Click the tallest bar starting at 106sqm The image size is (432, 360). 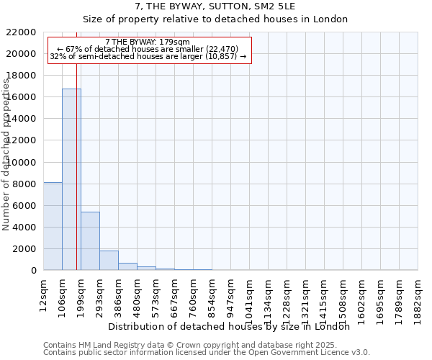pyautogui.click(x=71, y=179)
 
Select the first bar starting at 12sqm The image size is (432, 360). pyautogui.click(x=53, y=226)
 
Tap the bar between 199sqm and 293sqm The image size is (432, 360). pyautogui.click(x=90, y=240)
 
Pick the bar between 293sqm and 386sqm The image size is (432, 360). pyautogui.click(x=109, y=260)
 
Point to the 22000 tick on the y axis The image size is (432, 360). pyautogui.click(x=22, y=32)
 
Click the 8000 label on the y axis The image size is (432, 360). pyautogui.click(x=24, y=184)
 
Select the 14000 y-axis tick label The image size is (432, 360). pyautogui.click(x=22, y=119)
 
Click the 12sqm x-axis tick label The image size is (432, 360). pyautogui.click(x=44, y=294)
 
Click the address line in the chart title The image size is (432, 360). pyautogui.click(x=216, y=7)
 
